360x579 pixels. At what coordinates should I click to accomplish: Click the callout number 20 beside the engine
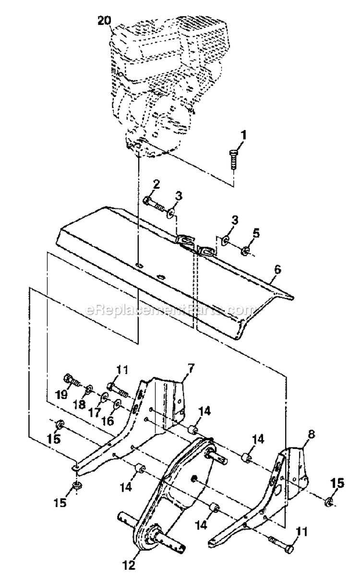click(104, 20)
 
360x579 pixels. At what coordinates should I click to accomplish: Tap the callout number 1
click(243, 136)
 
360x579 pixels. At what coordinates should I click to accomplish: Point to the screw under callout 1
click(234, 158)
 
